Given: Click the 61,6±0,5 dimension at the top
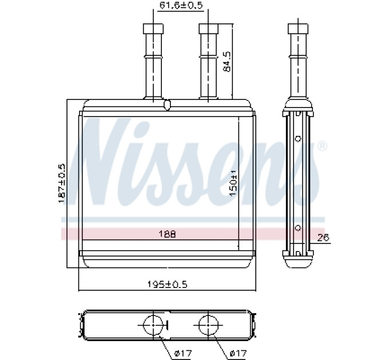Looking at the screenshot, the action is pyautogui.click(x=181, y=5).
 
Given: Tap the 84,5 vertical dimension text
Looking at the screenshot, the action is pyautogui.click(x=227, y=62).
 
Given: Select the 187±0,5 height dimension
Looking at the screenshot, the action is pyautogui.click(x=62, y=183).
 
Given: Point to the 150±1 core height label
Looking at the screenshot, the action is pyautogui.click(x=233, y=183).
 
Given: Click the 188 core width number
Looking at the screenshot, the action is pyautogui.click(x=167, y=234).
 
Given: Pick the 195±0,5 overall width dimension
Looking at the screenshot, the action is pyautogui.click(x=168, y=284).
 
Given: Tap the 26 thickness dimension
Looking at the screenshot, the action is pyautogui.click(x=323, y=238).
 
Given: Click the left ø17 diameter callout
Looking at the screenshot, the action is pyautogui.click(x=183, y=353).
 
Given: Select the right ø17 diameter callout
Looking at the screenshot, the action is pyautogui.click(x=238, y=353).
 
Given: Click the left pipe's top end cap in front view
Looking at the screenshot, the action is pyautogui.click(x=153, y=29).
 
